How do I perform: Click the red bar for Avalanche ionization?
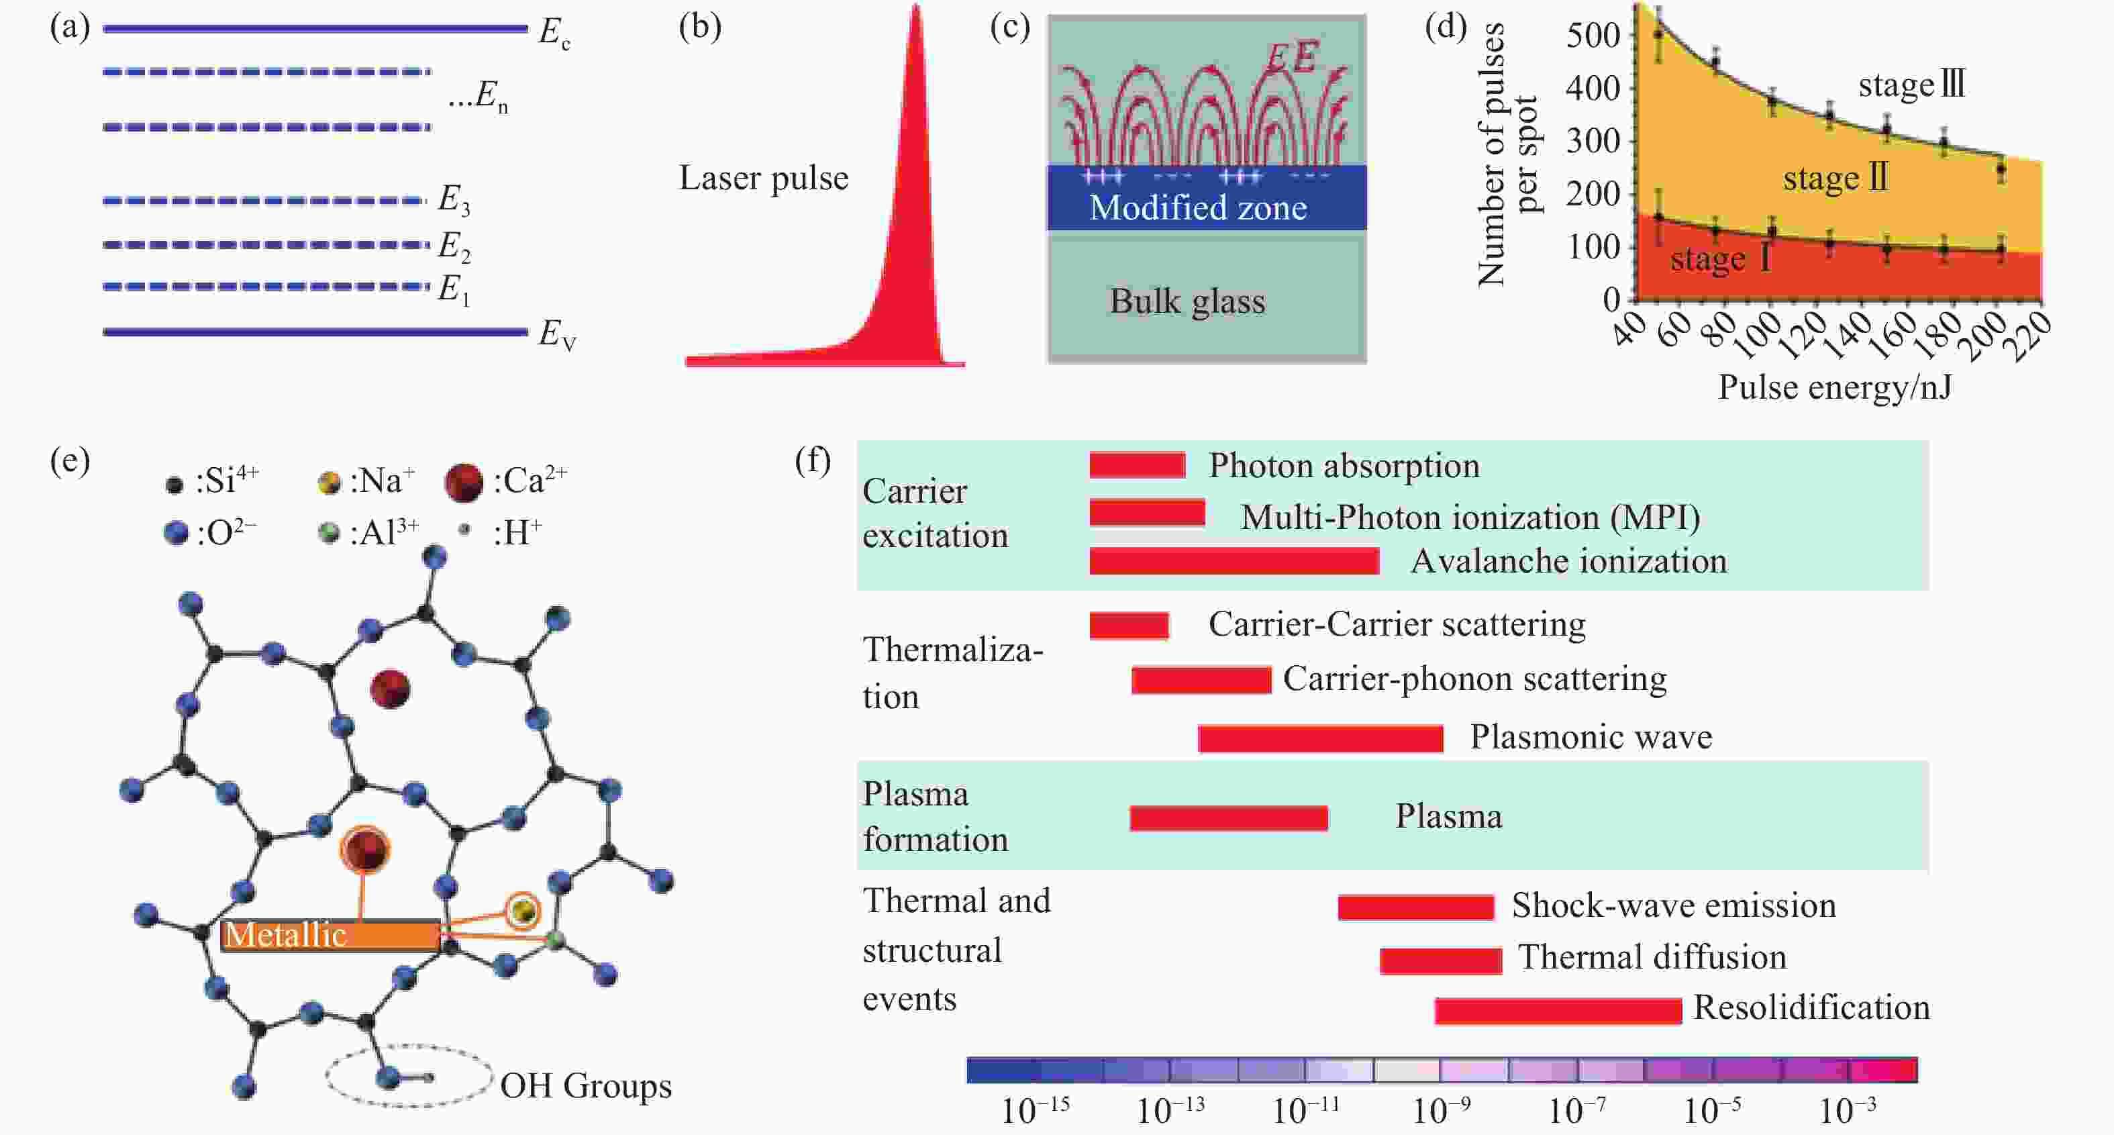click(x=1234, y=561)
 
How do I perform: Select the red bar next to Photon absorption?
click(x=1138, y=465)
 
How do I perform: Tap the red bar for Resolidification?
click(x=1558, y=1010)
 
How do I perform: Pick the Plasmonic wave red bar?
click(x=1321, y=738)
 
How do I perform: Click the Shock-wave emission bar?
click(x=1415, y=907)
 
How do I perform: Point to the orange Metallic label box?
click(x=330, y=936)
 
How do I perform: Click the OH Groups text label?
click(x=586, y=1086)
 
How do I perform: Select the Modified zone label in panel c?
click(x=1198, y=207)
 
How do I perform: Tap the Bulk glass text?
click(x=1187, y=301)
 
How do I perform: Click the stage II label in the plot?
click(x=1835, y=178)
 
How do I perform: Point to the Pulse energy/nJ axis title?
click(x=1835, y=387)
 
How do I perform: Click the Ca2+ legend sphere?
click(x=463, y=483)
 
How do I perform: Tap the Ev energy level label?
click(x=557, y=335)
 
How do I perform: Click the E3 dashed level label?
click(x=454, y=199)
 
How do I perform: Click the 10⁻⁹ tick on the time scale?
click(x=1441, y=1110)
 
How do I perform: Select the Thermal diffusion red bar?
click(x=1441, y=961)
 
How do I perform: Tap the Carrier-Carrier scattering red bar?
click(x=1129, y=626)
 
